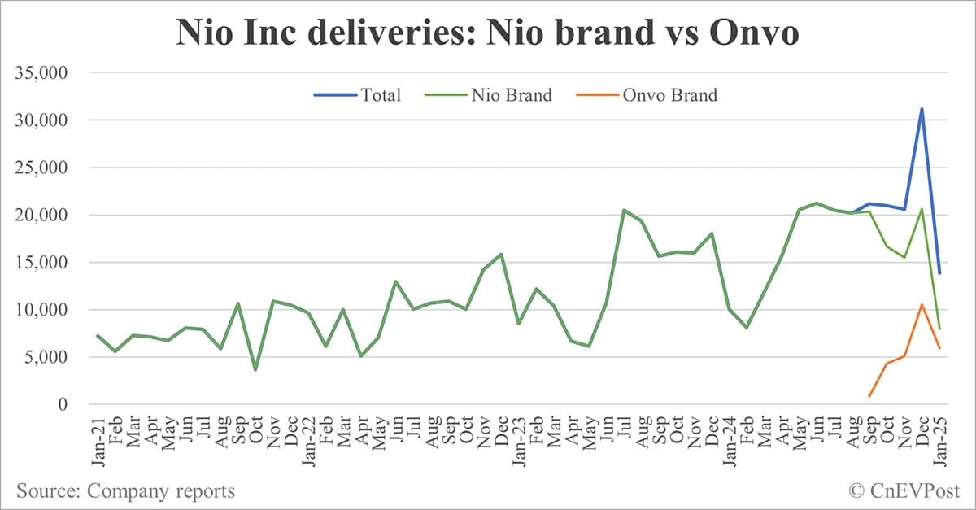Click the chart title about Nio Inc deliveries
[x=488, y=34]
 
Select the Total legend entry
[x=358, y=95]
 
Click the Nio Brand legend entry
[x=488, y=95]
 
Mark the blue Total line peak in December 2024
[x=922, y=109]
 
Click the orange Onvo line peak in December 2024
[x=922, y=305]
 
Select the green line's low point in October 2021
[x=255, y=370]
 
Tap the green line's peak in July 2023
[x=623, y=210]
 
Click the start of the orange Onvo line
[x=869, y=397]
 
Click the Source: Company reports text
[x=125, y=490]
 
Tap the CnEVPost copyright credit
[x=904, y=490]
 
